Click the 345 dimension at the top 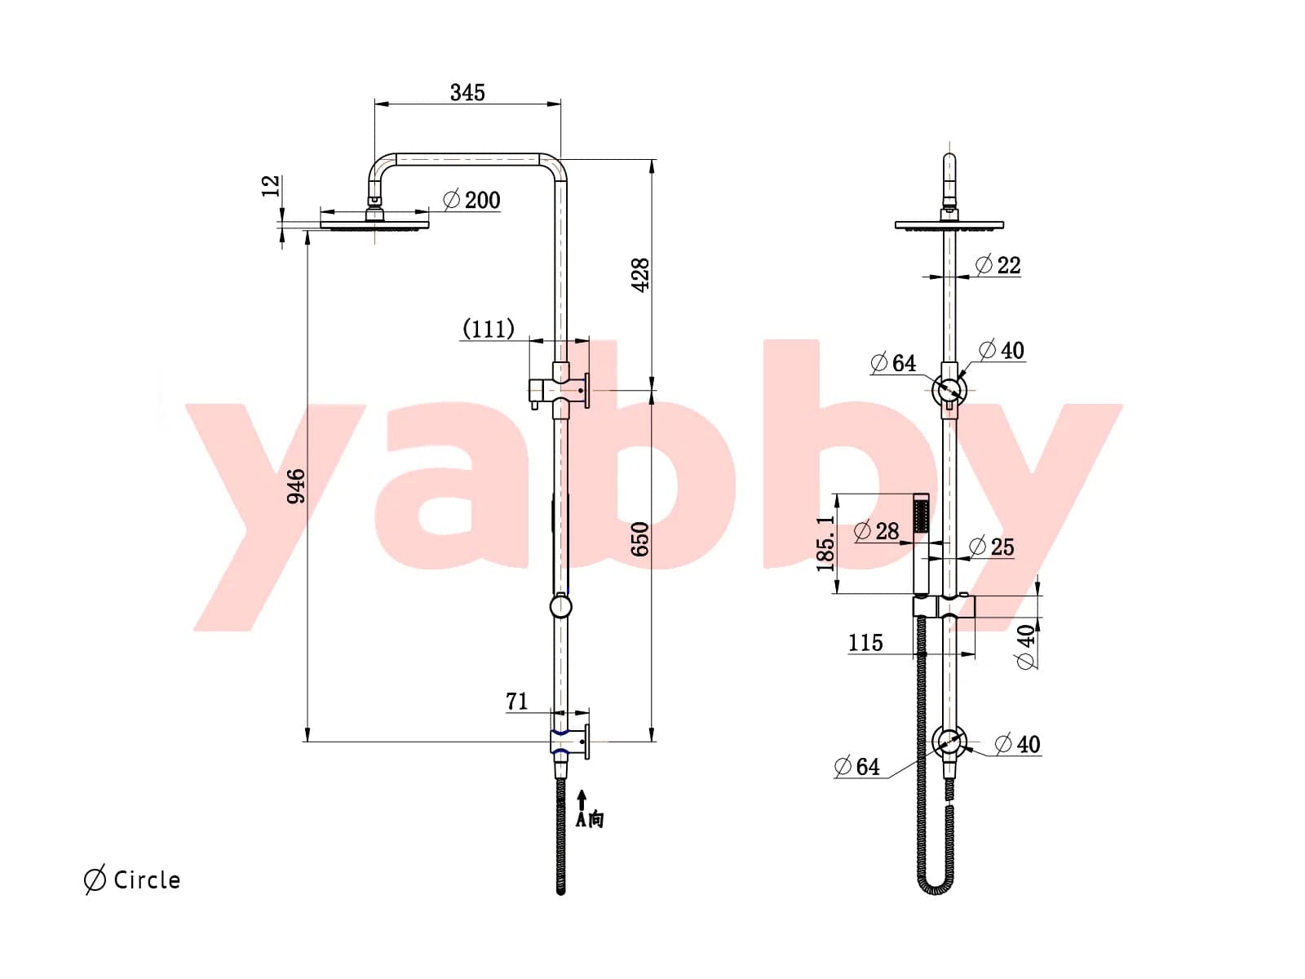coord(467,92)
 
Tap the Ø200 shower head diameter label coord(472,200)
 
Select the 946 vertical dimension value coord(297,486)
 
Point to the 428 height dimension coord(641,275)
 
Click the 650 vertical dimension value coord(641,539)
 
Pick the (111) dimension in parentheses coord(488,329)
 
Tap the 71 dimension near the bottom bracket coord(517,701)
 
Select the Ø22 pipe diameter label coord(998,265)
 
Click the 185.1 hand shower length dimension coord(826,543)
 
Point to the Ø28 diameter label coord(877,531)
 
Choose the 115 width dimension coord(865,643)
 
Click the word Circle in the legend coord(147,880)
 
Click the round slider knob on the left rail coord(560,606)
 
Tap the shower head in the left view coord(374,222)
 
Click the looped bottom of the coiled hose coord(936,886)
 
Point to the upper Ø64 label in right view coord(893,363)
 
